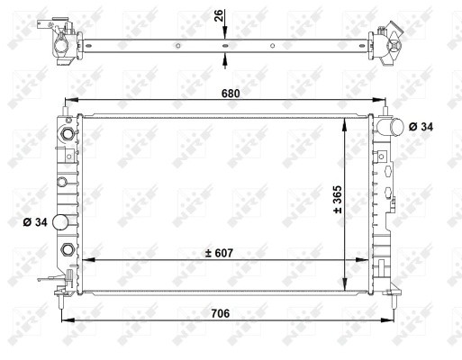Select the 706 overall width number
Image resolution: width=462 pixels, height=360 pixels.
tap(222, 313)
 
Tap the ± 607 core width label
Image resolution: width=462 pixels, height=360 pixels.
tap(220, 253)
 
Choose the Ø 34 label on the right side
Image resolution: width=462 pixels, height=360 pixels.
tap(421, 127)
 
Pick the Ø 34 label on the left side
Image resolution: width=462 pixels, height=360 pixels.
tap(35, 221)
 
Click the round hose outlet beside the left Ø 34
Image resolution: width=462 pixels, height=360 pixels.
tap(61, 222)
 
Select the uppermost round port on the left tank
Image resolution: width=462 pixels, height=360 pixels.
tap(66, 135)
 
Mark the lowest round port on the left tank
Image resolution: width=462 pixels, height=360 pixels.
tap(66, 250)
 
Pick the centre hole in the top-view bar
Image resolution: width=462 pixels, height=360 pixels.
tap(224, 44)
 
